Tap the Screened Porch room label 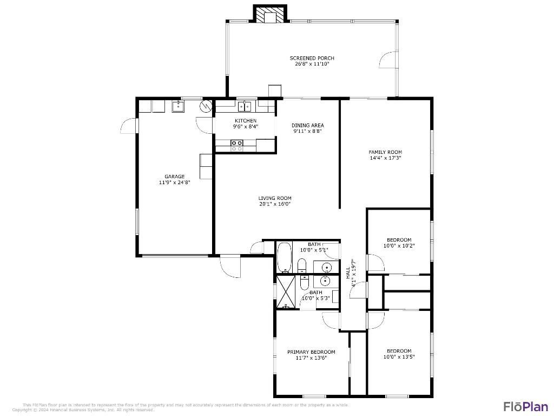[x=312, y=58]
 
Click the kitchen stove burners [x=236, y=145]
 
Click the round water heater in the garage [x=206, y=106]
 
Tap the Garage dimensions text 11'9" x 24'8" [x=174, y=183]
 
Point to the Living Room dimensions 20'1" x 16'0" [x=275, y=204]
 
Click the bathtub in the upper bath [x=285, y=258]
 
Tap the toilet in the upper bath [x=302, y=266]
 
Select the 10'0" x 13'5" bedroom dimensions [x=399, y=357]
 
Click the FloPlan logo [x=525, y=406]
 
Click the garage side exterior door [x=129, y=126]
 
